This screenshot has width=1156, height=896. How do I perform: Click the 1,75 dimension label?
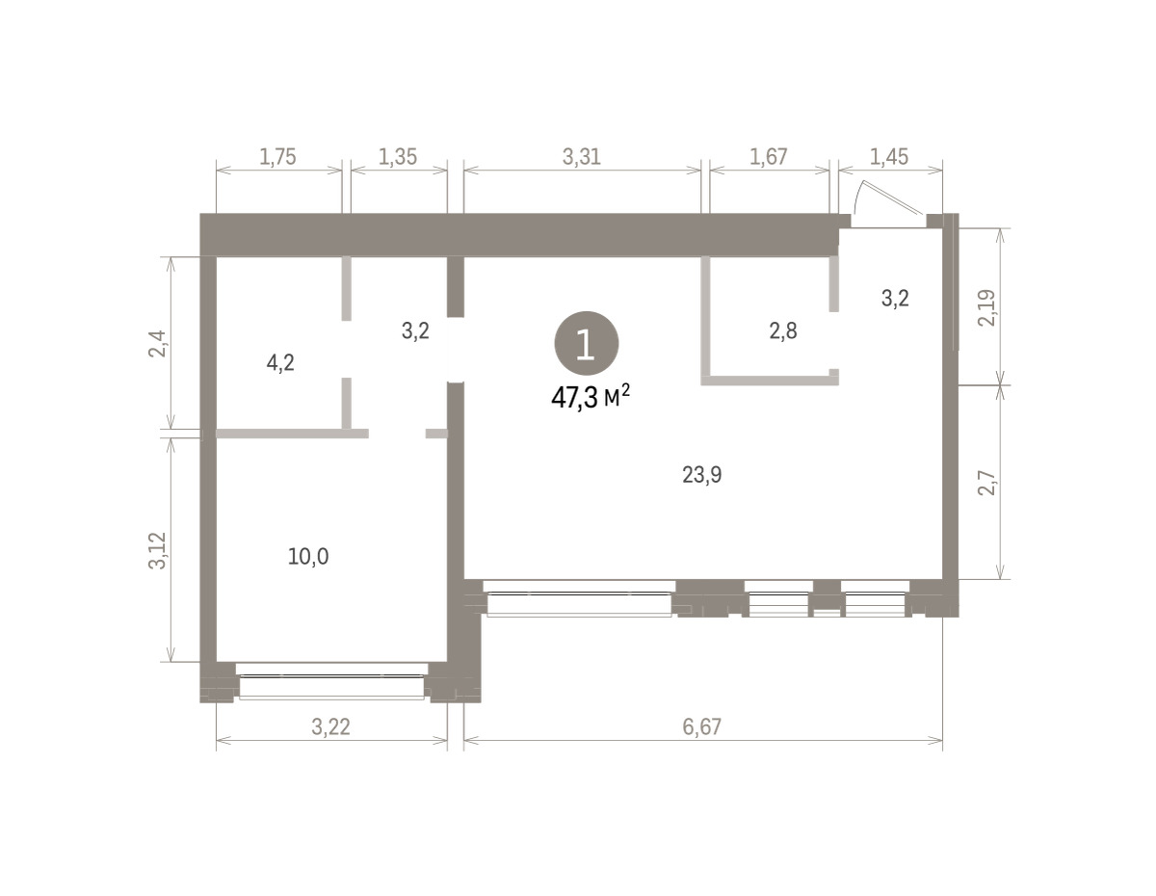[x=277, y=157]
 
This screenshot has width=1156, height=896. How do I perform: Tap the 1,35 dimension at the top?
[x=398, y=157]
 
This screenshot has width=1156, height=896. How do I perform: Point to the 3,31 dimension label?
[x=582, y=157]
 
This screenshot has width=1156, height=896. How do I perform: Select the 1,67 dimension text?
[x=768, y=157]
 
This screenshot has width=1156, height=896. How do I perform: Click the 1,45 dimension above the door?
[x=889, y=157]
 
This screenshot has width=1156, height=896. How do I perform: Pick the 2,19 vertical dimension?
[x=985, y=307]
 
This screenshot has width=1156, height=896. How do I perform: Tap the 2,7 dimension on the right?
[x=985, y=483]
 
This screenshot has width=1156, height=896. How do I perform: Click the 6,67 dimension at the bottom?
[x=701, y=726]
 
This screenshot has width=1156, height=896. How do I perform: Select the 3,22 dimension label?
[x=330, y=726]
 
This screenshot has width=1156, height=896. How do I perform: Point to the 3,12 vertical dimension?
[x=157, y=551]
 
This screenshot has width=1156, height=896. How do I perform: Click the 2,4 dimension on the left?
[x=157, y=344]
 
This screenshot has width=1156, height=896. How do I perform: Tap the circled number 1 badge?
[x=587, y=344]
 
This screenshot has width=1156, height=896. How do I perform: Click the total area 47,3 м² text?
[x=591, y=397]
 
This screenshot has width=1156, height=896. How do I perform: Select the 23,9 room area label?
[x=701, y=475]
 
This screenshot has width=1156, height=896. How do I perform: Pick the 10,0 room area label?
[x=308, y=557]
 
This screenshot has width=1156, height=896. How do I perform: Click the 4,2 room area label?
[x=280, y=363]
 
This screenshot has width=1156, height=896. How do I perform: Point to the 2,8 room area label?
[x=783, y=331]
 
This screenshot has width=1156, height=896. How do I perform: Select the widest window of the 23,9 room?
[x=579, y=598]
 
